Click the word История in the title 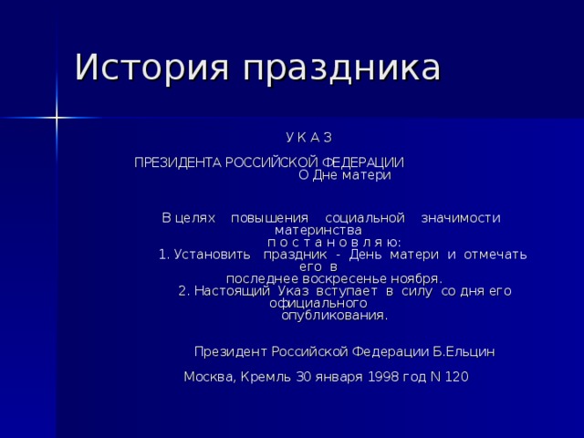141,68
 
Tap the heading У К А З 308,137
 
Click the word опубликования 334,315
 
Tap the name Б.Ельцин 464,351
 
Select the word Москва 208,377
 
